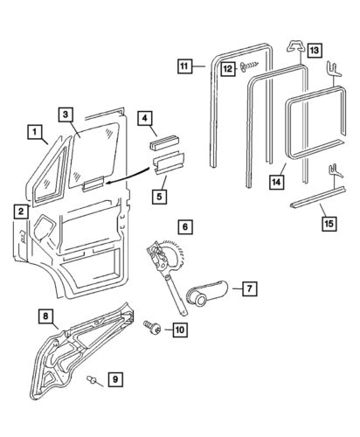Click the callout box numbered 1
35,132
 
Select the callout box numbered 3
66,114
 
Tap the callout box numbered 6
185,227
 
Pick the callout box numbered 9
115,379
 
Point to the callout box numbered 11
184,66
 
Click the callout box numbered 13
314,50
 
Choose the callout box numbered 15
329,224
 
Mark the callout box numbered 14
276,183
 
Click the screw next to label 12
250,67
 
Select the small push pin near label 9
91,379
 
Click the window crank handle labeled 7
207,293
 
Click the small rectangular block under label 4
164,142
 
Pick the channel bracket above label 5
168,163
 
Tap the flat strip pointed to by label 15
318,197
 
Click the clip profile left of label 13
296,46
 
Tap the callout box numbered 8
45,316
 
